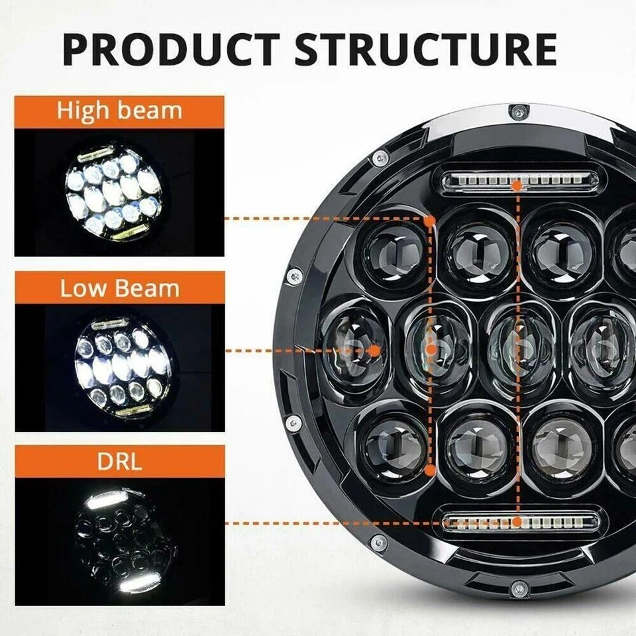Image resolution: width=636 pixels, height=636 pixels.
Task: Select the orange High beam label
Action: [119, 111]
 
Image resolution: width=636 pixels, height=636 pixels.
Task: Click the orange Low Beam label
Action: [119, 289]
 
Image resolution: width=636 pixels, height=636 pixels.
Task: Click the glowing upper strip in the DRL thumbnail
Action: [106, 500]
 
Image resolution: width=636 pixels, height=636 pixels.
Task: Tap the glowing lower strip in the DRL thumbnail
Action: [136, 582]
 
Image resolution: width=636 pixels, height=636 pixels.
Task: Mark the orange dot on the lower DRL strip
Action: [516, 522]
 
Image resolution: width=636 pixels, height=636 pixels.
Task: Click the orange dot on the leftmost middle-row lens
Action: [374, 349]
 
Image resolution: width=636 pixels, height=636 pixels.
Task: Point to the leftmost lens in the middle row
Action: [354, 349]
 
